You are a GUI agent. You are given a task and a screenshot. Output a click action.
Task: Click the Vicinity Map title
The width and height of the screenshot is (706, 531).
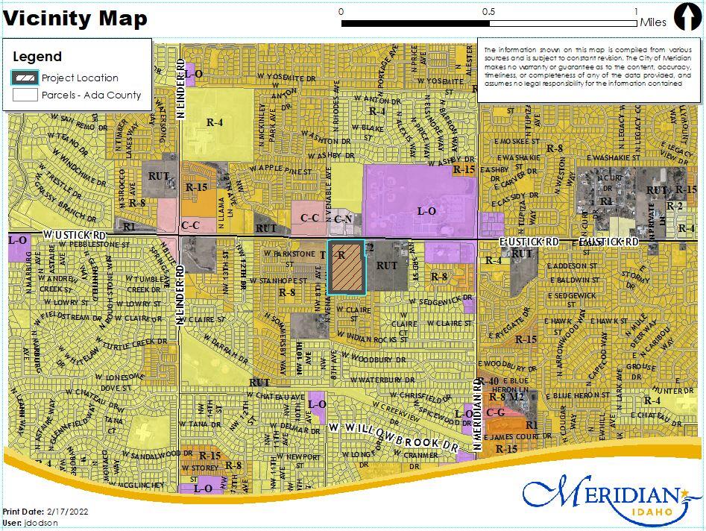(76, 19)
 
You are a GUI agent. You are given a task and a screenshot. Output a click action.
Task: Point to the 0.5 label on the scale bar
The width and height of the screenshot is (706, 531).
(488, 11)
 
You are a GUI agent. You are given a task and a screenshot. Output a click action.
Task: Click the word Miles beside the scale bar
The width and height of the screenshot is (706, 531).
(653, 22)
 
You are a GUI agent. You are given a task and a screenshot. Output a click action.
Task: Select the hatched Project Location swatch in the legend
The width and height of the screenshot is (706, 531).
(25, 78)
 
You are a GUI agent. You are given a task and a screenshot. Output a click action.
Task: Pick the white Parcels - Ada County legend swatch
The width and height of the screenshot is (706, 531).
(25, 95)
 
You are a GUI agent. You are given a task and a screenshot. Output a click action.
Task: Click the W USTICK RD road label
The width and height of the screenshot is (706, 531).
(75, 235)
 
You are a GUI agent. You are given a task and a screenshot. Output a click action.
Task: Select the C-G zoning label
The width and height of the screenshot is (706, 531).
(496, 412)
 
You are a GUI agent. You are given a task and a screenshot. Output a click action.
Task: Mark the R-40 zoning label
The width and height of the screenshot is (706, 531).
(489, 382)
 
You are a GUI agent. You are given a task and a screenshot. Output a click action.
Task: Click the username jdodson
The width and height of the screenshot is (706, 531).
(41, 523)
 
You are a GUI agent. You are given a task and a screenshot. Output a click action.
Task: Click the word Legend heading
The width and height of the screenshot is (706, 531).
(37, 57)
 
